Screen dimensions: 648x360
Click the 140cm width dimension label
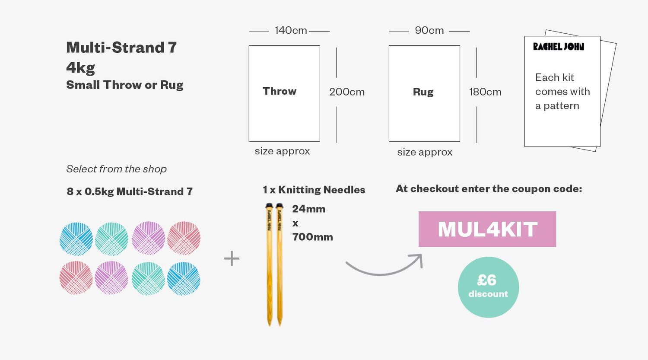point(291,30)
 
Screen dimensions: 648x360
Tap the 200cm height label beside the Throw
point(347,92)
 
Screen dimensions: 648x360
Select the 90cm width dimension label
point(429,30)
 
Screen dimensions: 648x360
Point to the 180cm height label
point(485,92)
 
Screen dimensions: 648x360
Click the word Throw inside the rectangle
point(280,91)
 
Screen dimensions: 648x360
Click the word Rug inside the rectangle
point(423,92)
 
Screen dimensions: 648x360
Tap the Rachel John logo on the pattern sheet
point(559,47)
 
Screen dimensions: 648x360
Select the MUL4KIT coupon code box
point(487,229)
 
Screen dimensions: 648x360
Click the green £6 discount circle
point(488,287)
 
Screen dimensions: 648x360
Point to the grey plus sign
point(232,258)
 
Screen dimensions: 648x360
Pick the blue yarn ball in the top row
point(76,239)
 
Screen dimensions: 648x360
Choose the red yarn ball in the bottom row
point(76,278)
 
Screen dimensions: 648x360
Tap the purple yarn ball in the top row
point(149,238)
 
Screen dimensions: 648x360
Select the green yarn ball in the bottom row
point(149,279)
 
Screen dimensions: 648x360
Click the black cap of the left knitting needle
point(269,206)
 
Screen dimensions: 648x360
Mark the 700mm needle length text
point(312,237)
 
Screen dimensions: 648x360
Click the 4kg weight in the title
point(80,68)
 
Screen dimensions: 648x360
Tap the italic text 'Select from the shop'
point(116,169)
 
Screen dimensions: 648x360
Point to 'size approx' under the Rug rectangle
point(425,152)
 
